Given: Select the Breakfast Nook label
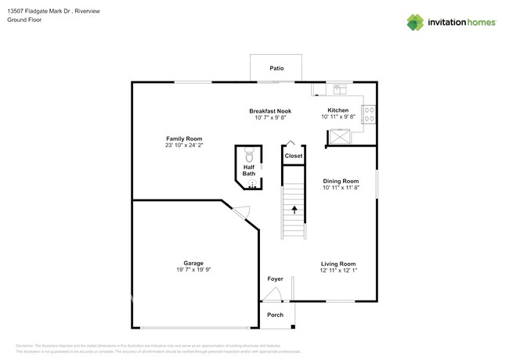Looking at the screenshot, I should point(270,111).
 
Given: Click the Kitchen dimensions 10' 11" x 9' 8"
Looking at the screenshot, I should point(338,117).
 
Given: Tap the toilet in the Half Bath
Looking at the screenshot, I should point(249,154).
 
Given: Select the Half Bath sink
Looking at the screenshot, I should point(252,184).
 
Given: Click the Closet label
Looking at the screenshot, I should point(293,157).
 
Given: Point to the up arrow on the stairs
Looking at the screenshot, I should point(294,209).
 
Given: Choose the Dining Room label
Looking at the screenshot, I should point(341,182).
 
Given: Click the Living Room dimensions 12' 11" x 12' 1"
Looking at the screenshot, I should point(338,271).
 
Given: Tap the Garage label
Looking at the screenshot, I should point(193,263).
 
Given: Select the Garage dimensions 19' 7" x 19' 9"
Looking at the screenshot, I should point(193,270).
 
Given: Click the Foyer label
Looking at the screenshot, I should point(275,279).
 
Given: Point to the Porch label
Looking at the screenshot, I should point(276,315).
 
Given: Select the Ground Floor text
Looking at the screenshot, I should point(27,20).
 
